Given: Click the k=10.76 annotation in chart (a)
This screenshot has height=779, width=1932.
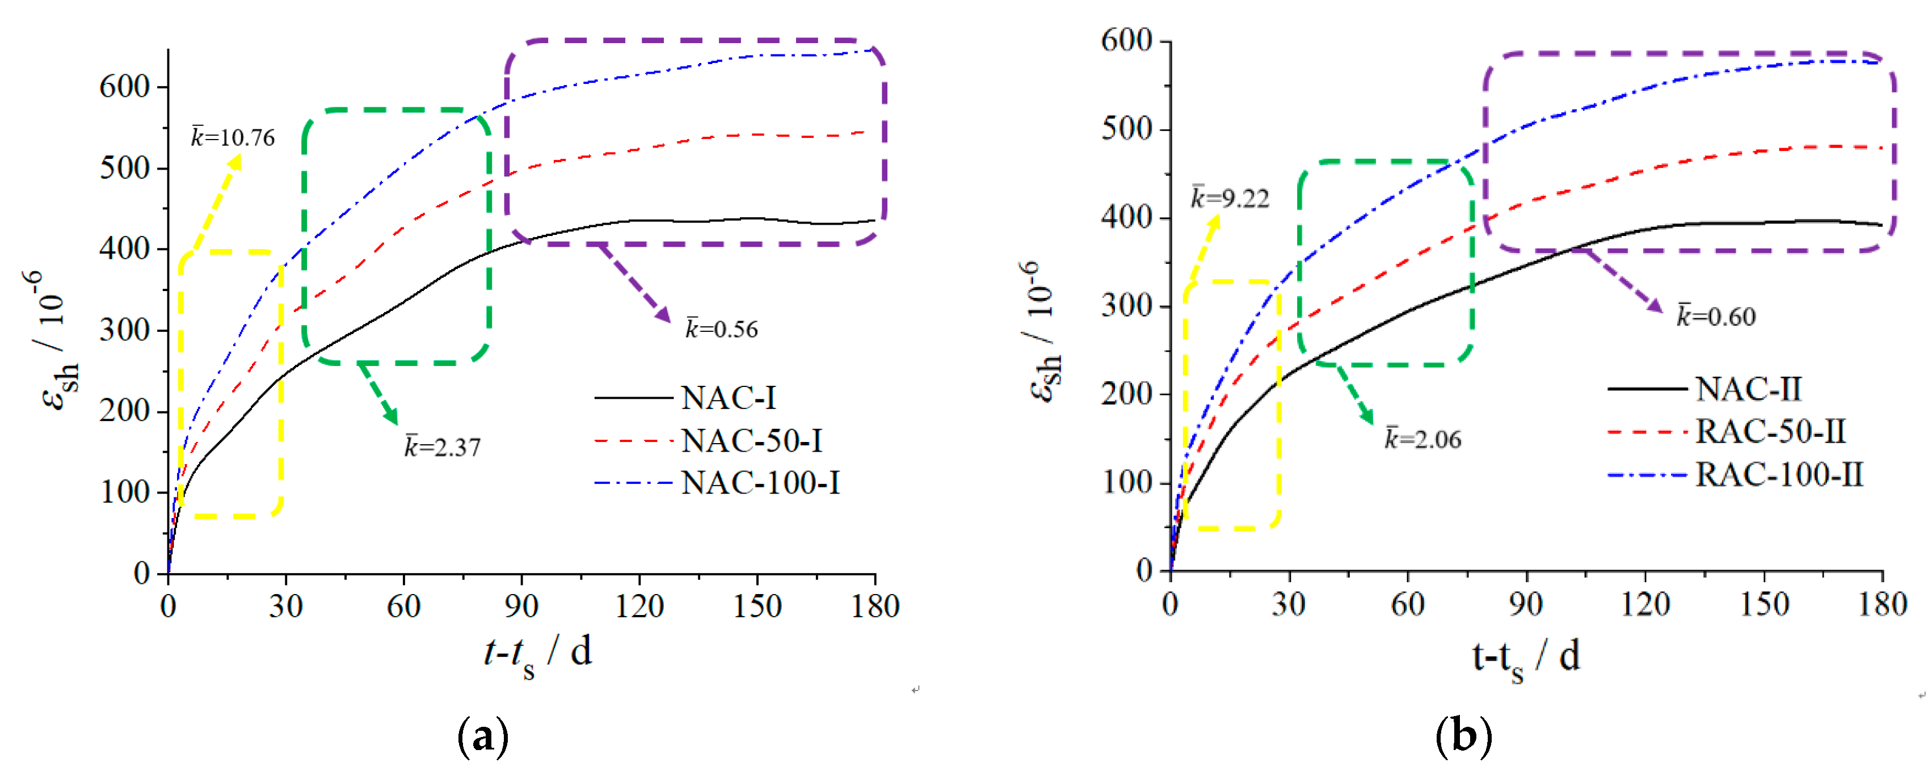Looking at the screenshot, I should tap(233, 138).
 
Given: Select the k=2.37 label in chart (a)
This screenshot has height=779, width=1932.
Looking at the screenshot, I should tap(443, 447).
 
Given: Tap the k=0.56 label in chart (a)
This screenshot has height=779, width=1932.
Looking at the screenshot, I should tap(722, 329).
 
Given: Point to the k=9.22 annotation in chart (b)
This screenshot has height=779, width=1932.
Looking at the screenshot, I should tap(1230, 199).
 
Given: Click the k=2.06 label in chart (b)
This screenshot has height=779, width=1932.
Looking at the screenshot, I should tap(1422, 439).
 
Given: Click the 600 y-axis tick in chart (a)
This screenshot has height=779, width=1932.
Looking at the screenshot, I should tap(124, 87).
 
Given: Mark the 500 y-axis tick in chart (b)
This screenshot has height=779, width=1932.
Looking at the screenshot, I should tap(1126, 129).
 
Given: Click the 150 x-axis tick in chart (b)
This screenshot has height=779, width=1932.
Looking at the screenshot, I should tap(1764, 604).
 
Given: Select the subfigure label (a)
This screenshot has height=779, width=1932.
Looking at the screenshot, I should tap(482, 737).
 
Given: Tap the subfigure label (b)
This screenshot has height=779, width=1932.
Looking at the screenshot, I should tap(1463, 737).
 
